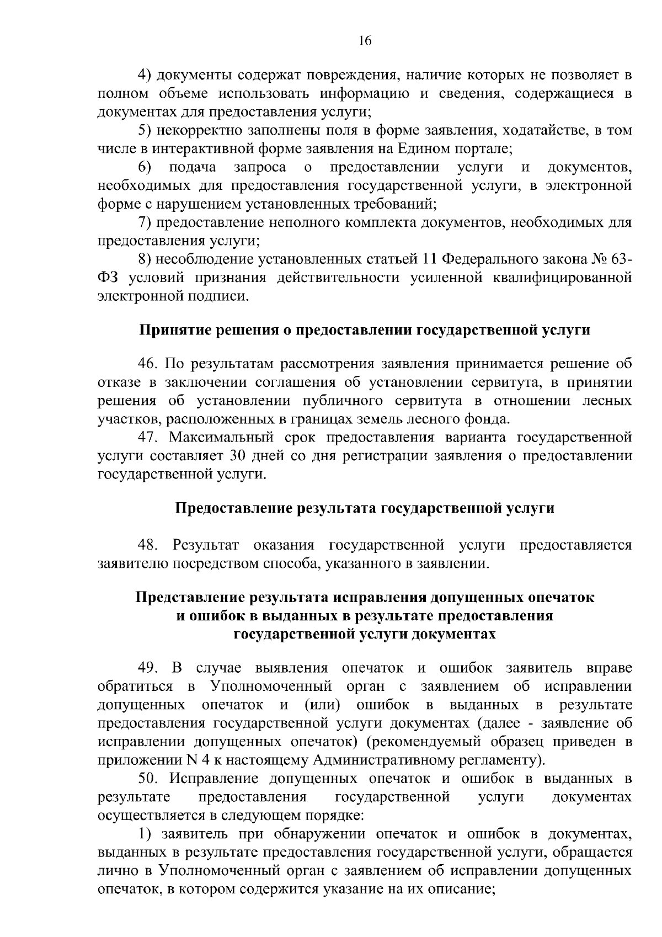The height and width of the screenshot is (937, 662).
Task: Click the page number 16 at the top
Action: (x=365, y=40)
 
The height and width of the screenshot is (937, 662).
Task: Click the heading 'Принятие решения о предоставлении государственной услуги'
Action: (x=364, y=330)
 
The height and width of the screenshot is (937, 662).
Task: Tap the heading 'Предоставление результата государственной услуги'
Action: (x=364, y=508)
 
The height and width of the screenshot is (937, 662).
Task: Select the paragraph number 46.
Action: (x=148, y=364)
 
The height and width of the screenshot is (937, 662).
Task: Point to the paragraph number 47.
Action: (x=148, y=438)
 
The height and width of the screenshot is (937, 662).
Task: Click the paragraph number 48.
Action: (x=148, y=545)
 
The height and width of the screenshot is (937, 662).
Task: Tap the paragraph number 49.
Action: (x=148, y=668)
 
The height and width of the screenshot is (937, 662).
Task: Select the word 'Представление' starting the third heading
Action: (x=191, y=598)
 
